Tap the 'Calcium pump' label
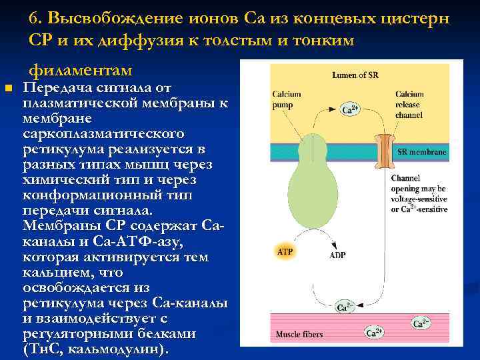click(287, 99)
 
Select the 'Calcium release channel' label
click(409, 104)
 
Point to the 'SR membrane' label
click(422, 152)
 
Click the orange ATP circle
click(285, 251)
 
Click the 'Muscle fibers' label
click(299, 333)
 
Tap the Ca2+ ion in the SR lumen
click(350, 109)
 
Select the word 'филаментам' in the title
click(80, 69)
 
